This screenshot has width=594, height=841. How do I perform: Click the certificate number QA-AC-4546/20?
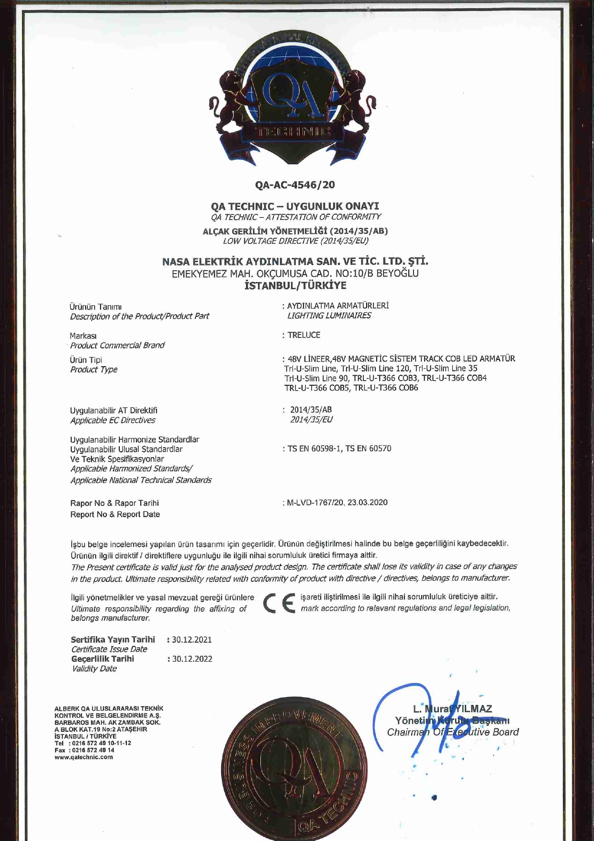pyautogui.click(x=295, y=184)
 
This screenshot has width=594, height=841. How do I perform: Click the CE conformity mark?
pyautogui.click(x=279, y=603)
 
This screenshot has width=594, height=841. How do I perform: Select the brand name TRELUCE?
pyautogui.click(x=304, y=335)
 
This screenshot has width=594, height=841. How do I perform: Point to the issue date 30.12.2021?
pyautogui.click(x=192, y=640)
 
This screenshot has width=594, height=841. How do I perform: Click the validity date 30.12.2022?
pyautogui.click(x=192, y=659)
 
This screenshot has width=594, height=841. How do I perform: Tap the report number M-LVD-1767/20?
pyautogui.click(x=315, y=503)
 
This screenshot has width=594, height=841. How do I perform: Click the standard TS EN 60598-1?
pyautogui.click(x=314, y=449)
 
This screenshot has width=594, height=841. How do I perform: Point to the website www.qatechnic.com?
pyautogui.click(x=84, y=757)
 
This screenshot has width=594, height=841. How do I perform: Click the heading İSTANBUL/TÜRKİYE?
pyautogui.click(x=295, y=286)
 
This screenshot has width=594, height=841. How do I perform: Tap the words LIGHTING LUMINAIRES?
pyautogui.click(x=329, y=315)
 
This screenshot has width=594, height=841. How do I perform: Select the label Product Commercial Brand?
pyautogui.click(x=117, y=345)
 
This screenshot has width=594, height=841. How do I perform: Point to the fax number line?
pyautogui.click(x=85, y=750)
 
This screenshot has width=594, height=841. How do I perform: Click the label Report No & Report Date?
pyautogui.click(x=115, y=514)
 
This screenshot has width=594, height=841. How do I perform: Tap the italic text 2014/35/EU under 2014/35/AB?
pyautogui.click(x=311, y=420)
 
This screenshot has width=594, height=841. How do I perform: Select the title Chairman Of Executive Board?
pyautogui.click(x=453, y=732)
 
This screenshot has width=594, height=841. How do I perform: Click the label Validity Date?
pyautogui.click(x=94, y=668)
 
